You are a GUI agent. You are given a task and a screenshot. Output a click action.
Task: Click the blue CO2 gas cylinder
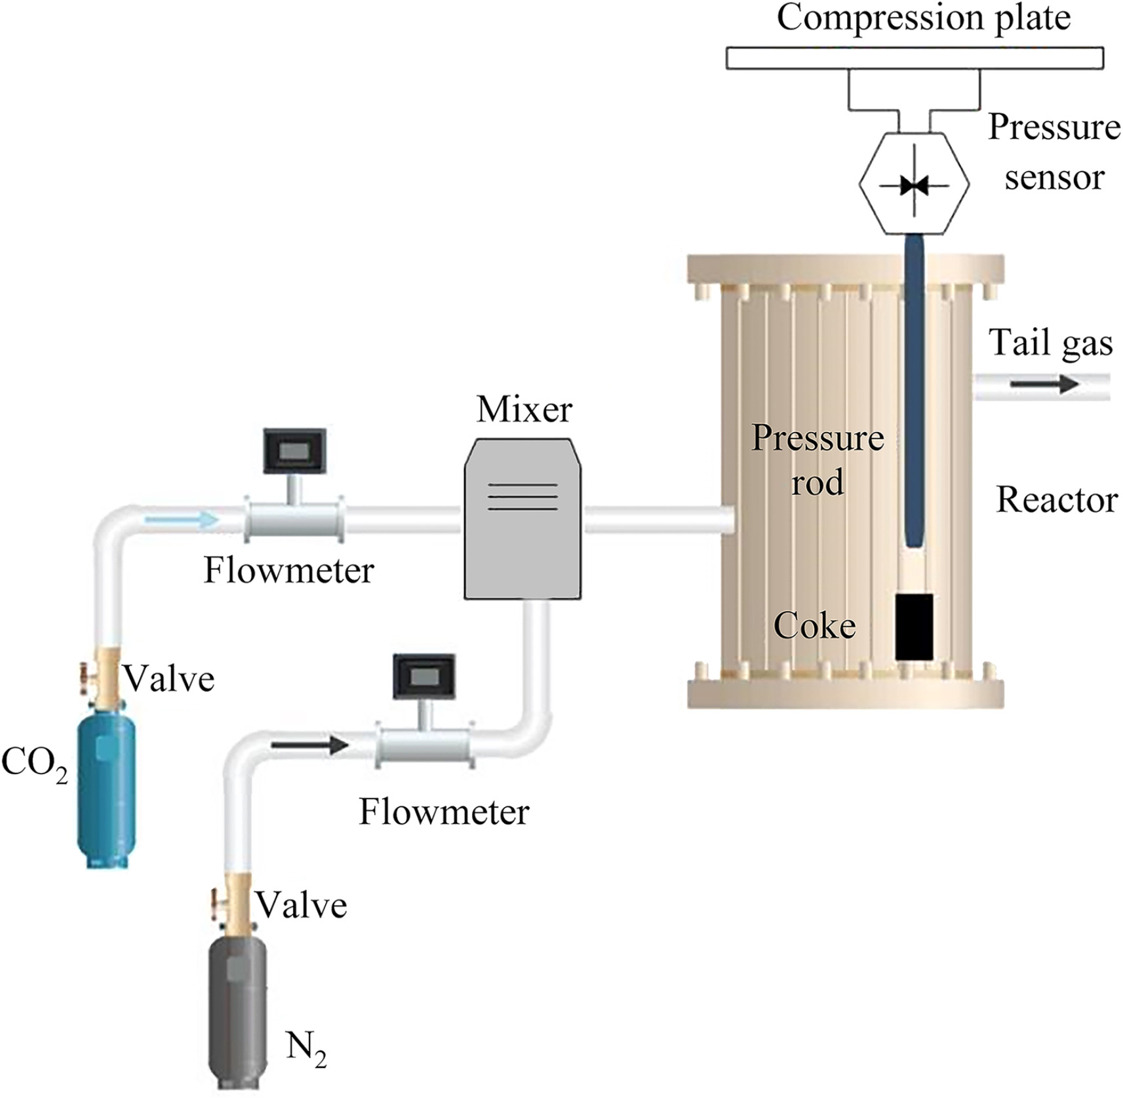(107, 790)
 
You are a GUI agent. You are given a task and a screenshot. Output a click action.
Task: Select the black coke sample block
(914, 627)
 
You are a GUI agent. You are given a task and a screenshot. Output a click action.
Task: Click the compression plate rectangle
(914, 58)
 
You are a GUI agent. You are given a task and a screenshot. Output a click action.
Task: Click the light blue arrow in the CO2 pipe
(181, 521)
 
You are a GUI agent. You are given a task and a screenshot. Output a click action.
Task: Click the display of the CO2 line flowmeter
(294, 450)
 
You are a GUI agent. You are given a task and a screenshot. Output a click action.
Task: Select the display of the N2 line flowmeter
(424, 676)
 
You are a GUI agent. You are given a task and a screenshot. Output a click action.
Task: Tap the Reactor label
(1057, 500)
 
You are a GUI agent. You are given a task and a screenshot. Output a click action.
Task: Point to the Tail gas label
(1050, 343)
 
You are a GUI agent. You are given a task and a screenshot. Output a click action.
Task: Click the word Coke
(814, 625)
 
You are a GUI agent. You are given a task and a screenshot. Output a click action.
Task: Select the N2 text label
(305, 1048)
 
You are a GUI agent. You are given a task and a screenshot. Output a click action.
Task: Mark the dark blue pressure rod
(914, 393)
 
